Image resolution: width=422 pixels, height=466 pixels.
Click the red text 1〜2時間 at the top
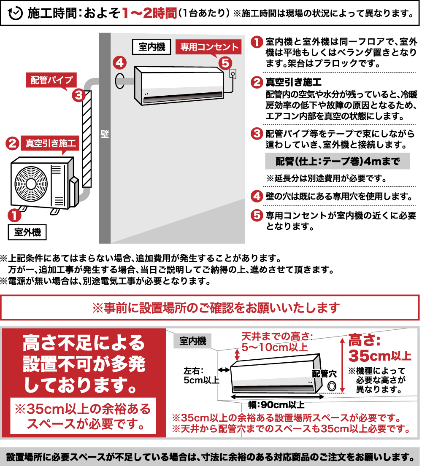(x=149, y=13)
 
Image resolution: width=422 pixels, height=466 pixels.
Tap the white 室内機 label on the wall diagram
(x=151, y=47)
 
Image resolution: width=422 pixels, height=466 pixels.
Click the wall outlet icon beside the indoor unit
(x=233, y=74)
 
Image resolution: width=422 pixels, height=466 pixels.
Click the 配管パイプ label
(x=51, y=80)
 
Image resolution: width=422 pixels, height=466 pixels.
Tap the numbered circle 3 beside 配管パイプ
(x=78, y=95)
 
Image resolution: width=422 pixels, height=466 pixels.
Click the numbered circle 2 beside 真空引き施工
(x=13, y=143)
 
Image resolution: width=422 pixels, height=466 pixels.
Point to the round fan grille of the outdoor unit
(x=31, y=184)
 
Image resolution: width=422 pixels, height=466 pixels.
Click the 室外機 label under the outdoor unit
(x=27, y=232)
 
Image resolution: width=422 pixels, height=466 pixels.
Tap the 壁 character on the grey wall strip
(x=105, y=135)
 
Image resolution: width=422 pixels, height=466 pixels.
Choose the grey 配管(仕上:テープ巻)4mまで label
(x=337, y=161)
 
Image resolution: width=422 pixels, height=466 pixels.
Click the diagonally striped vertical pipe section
(x=87, y=139)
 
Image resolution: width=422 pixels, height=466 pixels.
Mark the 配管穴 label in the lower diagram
(x=325, y=374)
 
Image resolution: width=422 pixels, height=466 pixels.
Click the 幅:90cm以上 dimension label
(x=276, y=405)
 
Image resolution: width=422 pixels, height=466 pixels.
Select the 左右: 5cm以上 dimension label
(x=201, y=375)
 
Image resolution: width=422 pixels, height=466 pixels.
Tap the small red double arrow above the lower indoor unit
(x=237, y=354)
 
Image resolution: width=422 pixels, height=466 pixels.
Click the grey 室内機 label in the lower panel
(x=193, y=341)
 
